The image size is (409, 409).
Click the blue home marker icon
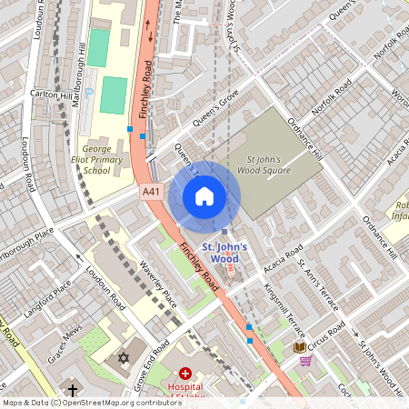coord(204,195)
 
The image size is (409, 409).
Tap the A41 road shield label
coord(152,193)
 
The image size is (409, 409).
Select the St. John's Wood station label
coord(219,252)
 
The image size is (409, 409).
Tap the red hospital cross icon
coord(185,374)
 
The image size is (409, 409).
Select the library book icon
coord(300,346)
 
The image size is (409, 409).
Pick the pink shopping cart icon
coord(305,361)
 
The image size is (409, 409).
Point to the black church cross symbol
coord(72,389)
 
